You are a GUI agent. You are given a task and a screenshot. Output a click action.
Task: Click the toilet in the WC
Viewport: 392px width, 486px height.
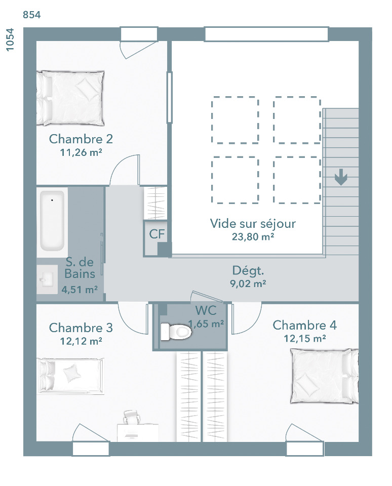pyautogui.click(x=176, y=332)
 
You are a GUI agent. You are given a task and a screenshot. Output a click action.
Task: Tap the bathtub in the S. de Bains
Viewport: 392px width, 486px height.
pyautogui.click(x=52, y=221)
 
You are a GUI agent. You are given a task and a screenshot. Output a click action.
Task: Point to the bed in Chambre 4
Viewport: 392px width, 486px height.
pyautogui.click(x=325, y=376)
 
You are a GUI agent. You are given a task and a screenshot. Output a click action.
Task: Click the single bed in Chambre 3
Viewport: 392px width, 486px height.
pyautogui.click(x=70, y=376)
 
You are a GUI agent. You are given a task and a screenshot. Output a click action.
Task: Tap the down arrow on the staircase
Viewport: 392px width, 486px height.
pyautogui.click(x=341, y=177)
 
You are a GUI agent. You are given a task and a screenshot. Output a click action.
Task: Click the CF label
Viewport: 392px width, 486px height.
pyautogui.click(x=156, y=234)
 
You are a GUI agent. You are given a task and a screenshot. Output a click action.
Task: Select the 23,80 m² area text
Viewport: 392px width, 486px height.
pyautogui.click(x=253, y=237)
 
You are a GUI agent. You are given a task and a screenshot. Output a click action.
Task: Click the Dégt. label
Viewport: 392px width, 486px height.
pyautogui.click(x=248, y=270)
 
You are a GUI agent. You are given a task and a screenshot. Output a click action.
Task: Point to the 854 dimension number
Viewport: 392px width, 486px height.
pyautogui.click(x=31, y=15)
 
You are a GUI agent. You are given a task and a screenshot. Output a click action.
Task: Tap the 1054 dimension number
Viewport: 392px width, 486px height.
pyautogui.click(x=10, y=39)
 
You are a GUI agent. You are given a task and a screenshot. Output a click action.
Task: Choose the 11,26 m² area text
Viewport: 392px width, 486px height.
pyautogui.click(x=81, y=152)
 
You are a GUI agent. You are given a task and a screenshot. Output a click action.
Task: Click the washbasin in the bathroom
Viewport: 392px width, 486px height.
pyautogui.click(x=47, y=280)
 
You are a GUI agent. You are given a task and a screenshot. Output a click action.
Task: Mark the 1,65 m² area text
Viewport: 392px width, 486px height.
pyautogui.click(x=206, y=324)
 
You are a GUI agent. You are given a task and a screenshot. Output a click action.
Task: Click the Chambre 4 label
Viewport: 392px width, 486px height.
pyautogui.click(x=304, y=325)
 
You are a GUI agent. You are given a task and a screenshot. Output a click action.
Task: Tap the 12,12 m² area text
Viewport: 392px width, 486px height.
pyautogui.click(x=81, y=341)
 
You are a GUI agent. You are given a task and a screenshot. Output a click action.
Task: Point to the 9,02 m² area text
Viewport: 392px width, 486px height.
pyautogui.click(x=248, y=283)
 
